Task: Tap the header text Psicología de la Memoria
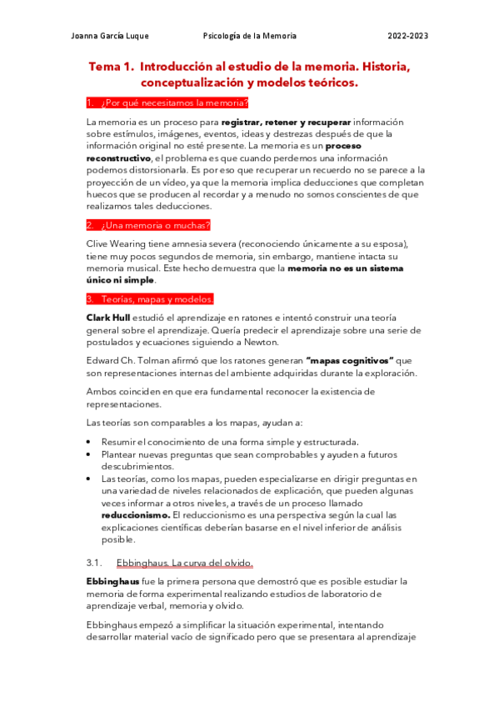[250, 36]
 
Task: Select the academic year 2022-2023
[408, 36]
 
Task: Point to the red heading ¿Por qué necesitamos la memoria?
[167, 103]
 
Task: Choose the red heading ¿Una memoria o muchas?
[149, 225]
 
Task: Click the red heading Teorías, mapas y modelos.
[151, 298]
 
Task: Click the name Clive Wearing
[117, 243]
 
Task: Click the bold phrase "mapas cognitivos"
[350, 360]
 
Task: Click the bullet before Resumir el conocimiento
[90, 441]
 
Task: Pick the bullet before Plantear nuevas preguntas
[90, 454]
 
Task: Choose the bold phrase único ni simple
[121, 280]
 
